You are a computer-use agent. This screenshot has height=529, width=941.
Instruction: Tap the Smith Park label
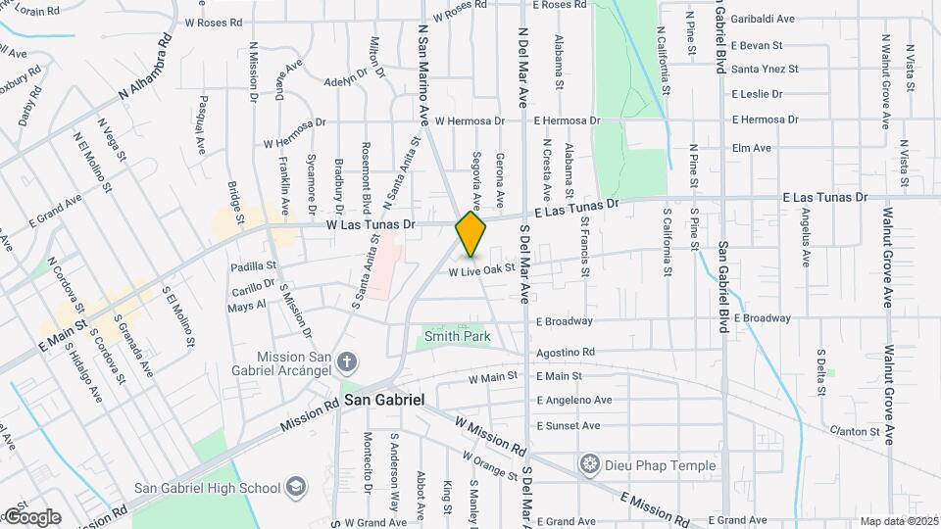457,337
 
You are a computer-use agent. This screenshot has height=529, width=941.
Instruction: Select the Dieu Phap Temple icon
590,464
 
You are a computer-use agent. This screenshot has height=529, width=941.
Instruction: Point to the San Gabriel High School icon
296,487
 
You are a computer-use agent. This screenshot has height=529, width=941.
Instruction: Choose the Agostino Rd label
566,352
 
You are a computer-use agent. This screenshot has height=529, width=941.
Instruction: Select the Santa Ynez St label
766,70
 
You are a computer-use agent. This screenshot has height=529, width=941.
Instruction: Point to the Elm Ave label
752,148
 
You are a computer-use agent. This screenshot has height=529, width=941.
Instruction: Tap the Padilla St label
254,265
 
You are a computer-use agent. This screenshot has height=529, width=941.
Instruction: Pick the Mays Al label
247,307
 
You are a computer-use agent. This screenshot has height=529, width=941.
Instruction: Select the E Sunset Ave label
569,426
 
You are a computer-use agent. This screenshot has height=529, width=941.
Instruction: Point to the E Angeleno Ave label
573,401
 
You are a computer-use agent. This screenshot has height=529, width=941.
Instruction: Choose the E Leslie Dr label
758,95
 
